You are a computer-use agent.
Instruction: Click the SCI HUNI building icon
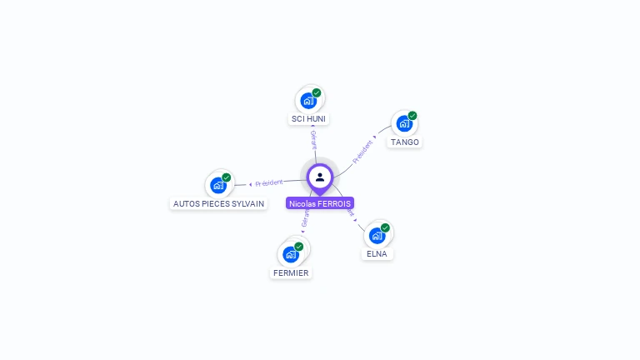[x=308, y=101]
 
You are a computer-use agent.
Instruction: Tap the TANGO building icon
[x=404, y=124]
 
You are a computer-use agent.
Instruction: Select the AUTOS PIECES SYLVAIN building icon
[x=218, y=185]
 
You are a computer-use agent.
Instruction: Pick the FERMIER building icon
[x=291, y=254]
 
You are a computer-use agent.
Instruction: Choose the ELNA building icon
[x=377, y=235]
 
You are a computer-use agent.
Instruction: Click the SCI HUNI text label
[x=308, y=119]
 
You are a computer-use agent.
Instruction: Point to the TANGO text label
[x=405, y=142]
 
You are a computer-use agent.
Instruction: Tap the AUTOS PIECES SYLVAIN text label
[x=218, y=203]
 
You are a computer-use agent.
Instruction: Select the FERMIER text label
[x=291, y=273]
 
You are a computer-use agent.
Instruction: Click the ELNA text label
[x=377, y=254]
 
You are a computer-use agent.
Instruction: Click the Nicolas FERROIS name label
[x=320, y=203]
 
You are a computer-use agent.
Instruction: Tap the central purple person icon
[x=320, y=177]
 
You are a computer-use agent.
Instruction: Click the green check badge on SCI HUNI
[x=317, y=92]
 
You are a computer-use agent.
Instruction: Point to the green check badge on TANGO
[x=412, y=116]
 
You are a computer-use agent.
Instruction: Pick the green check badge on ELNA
[x=385, y=227]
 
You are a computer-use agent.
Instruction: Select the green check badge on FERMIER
[x=299, y=246]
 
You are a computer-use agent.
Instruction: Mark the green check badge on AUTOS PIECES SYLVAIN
[x=227, y=177]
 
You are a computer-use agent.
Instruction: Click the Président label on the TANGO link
[x=362, y=150]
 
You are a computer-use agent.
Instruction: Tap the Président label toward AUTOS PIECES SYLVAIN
[x=268, y=182]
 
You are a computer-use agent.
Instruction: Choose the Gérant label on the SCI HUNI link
[x=313, y=139]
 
